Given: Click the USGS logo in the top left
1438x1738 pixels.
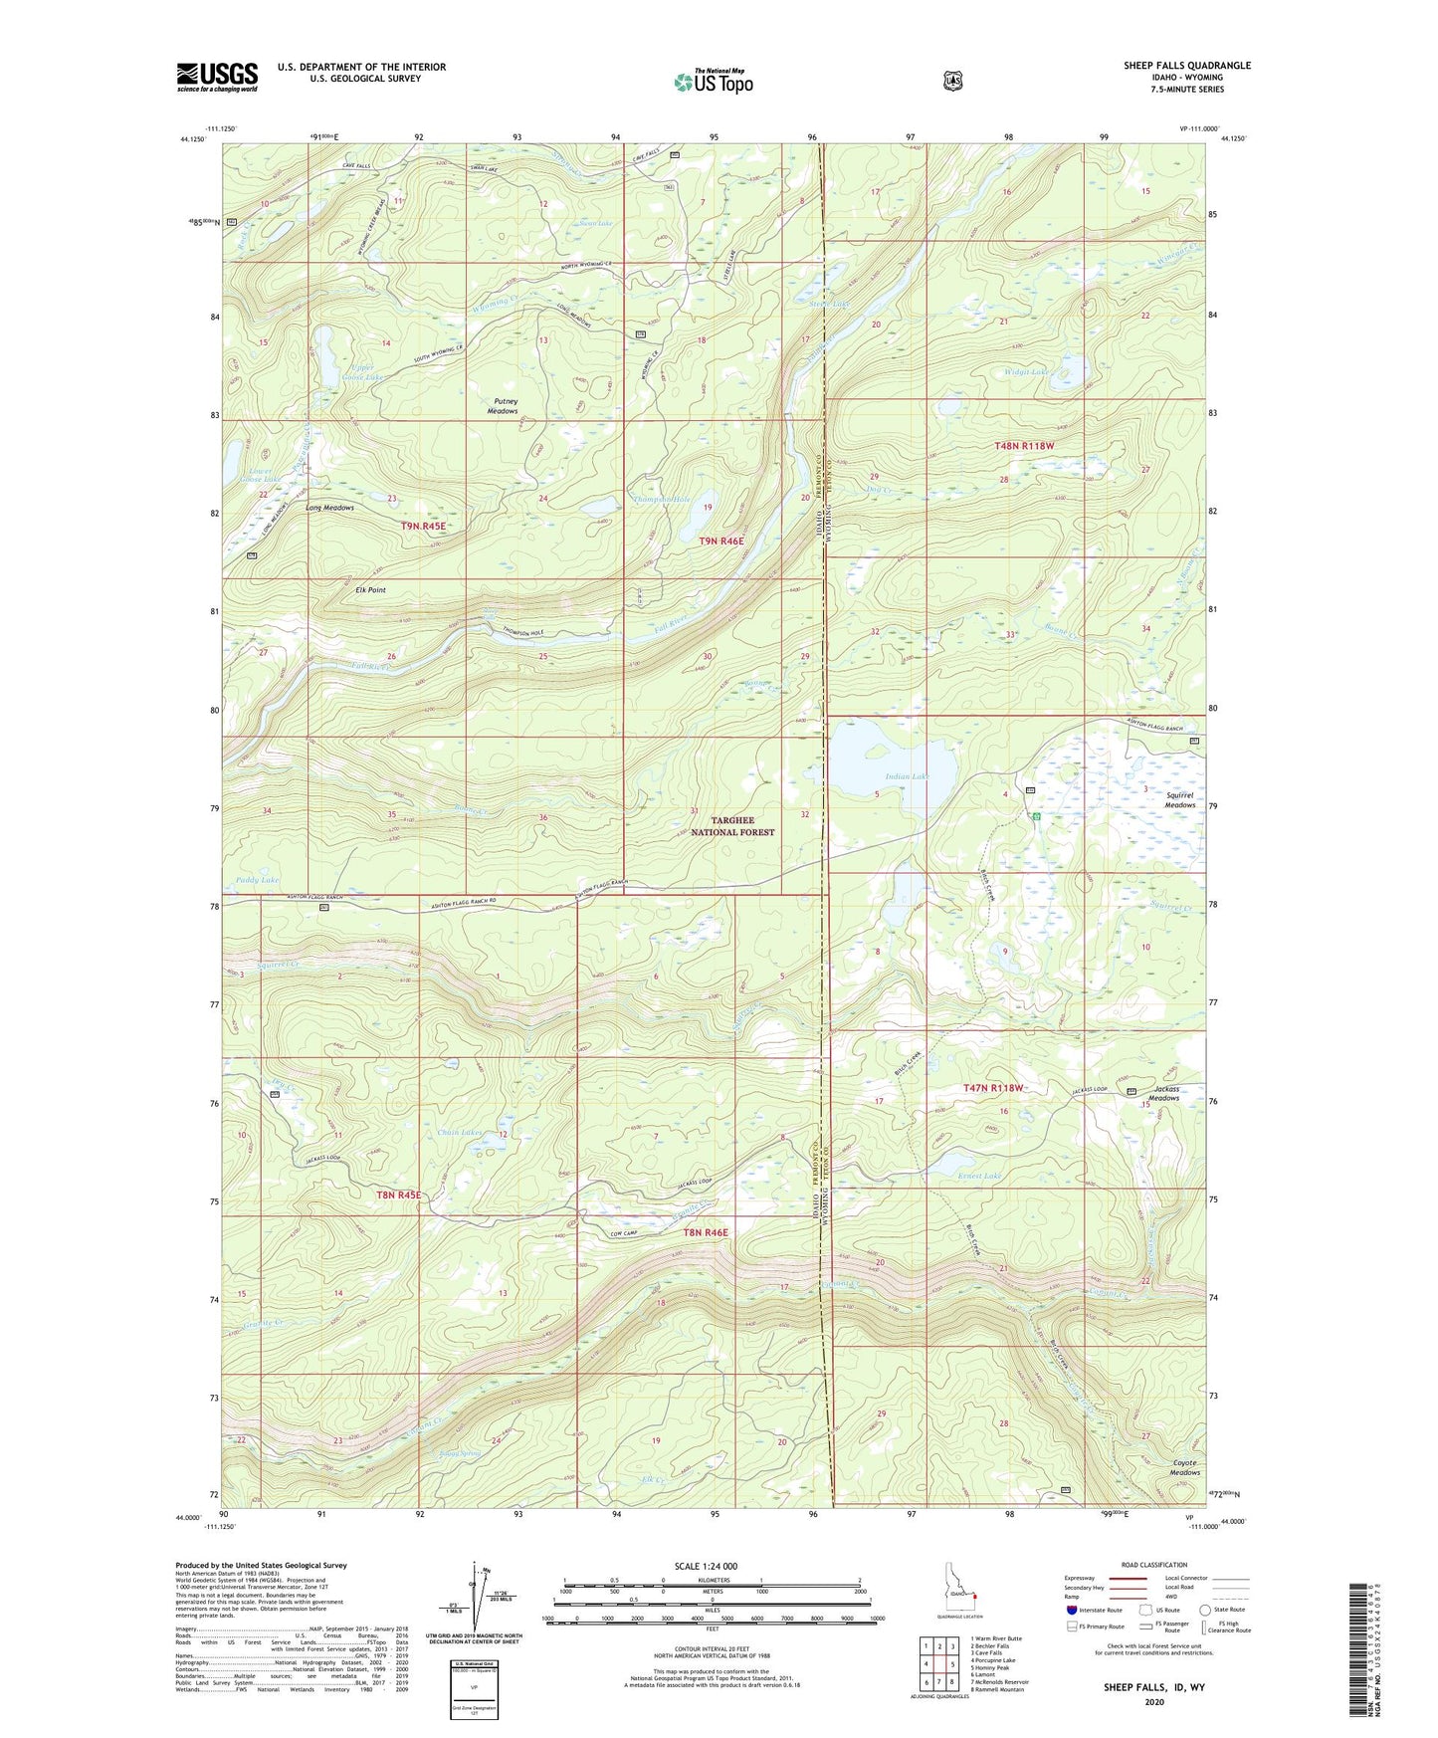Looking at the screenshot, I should click(x=217, y=77).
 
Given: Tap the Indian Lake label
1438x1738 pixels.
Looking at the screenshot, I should click(x=906, y=776).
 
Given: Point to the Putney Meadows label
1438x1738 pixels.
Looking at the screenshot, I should click(x=503, y=406).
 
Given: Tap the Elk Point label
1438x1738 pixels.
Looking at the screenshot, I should click(x=370, y=590).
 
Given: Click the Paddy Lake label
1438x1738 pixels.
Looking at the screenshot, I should click(x=258, y=881).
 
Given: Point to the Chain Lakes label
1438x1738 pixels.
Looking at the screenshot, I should click(x=460, y=1133).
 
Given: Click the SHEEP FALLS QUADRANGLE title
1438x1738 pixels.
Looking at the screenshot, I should click(x=1187, y=66).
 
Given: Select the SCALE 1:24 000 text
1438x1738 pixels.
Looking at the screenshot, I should click(x=706, y=1566).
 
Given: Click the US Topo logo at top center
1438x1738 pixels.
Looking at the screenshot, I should click(x=713, y=81).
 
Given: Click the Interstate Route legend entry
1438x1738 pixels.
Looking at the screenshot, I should click(x=1094, y=1610).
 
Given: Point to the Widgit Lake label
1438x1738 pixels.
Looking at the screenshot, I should click(x=1026, y=372).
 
